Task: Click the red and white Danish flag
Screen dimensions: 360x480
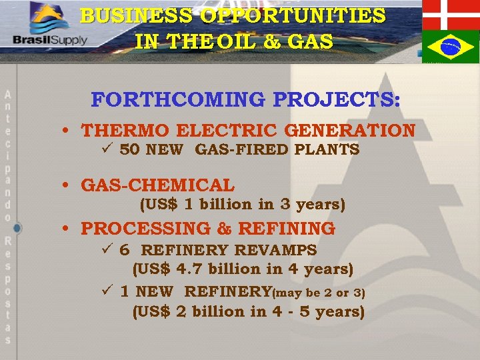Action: click(451, 15)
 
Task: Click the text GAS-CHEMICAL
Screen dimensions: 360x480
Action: click(157, 185)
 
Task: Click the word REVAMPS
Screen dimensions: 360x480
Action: click(279, 251)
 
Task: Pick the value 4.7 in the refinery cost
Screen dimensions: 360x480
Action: click(189, 269)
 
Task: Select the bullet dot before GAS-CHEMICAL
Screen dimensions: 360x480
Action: click(69, 186)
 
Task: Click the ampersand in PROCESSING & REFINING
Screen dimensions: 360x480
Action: click(224, 229)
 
